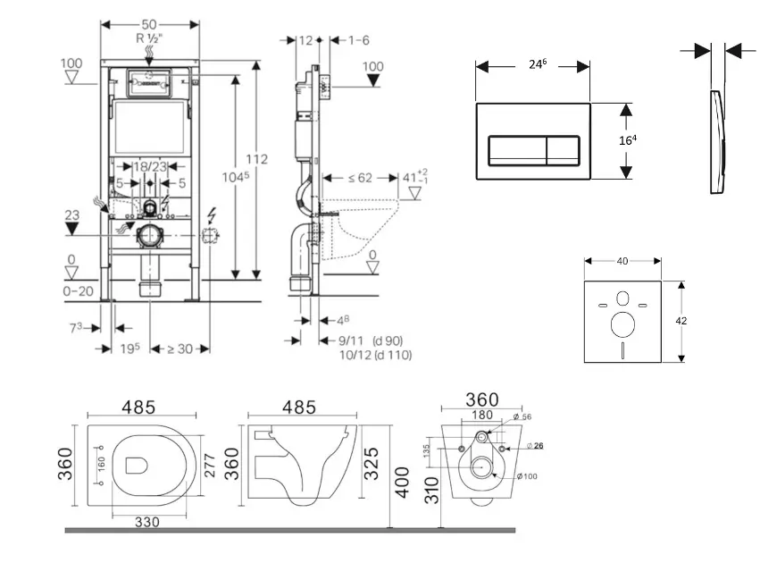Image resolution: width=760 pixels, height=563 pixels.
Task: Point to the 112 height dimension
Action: (x=257, y=159)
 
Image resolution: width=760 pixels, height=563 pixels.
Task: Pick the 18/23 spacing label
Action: (x=149, y=166)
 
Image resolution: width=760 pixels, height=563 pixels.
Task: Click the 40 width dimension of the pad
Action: (x=622, y=261)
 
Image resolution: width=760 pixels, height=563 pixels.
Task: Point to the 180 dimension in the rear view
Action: (x=482, y=414)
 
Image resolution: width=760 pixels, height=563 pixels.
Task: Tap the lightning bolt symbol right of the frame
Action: (x=212, y=214)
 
